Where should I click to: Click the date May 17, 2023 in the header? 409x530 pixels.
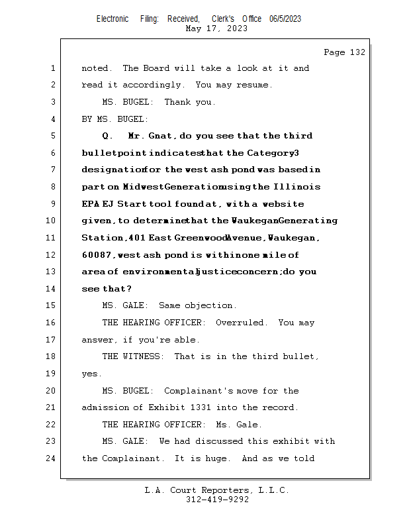(216, 28)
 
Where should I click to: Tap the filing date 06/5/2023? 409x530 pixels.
(285, 19)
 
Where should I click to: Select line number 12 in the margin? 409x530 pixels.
(52, 254)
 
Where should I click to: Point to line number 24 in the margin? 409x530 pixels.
(52, 458)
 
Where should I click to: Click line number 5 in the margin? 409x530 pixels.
(52, 136)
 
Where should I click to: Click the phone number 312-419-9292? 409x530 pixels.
(216, 500)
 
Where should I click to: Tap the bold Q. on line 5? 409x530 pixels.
(108, 136)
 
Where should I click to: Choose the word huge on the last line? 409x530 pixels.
(218, 458)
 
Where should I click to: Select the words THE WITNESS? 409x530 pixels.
(133, 356)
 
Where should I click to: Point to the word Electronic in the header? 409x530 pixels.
(113, 19)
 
